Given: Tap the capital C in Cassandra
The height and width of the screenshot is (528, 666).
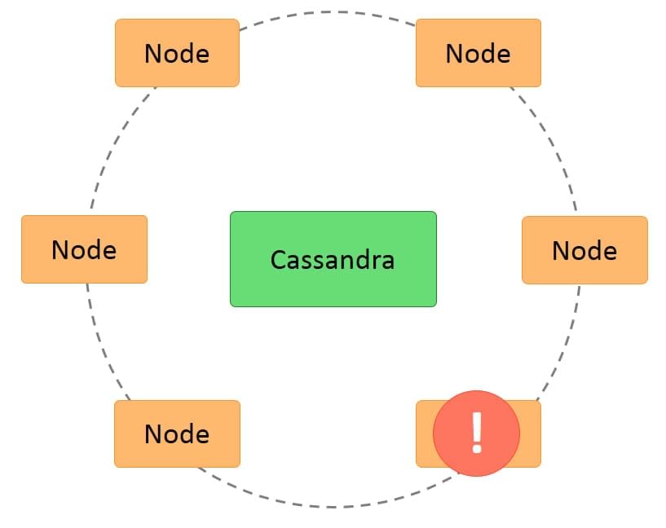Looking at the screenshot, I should [278, 260].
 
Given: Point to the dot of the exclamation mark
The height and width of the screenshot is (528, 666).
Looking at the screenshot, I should [477, 449].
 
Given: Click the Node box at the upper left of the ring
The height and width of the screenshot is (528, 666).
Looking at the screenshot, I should [177, 53].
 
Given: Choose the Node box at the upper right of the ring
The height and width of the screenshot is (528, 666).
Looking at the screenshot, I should [478, 53].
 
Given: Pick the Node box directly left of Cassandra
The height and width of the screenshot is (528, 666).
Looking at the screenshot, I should [84, 249].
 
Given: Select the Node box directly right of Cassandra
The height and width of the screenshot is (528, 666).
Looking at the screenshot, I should [584, 250].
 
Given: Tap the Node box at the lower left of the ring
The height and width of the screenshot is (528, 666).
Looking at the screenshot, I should [177, 433].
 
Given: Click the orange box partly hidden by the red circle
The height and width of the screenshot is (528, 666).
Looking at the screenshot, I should [530, 433].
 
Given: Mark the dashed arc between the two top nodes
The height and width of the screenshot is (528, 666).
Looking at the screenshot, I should [330, 12].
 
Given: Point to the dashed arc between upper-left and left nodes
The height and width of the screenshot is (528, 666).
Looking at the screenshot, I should [115, 147].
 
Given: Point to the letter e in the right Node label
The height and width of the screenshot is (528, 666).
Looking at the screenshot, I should [608, 252].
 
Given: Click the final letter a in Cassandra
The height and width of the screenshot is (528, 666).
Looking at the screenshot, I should [386, 262].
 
